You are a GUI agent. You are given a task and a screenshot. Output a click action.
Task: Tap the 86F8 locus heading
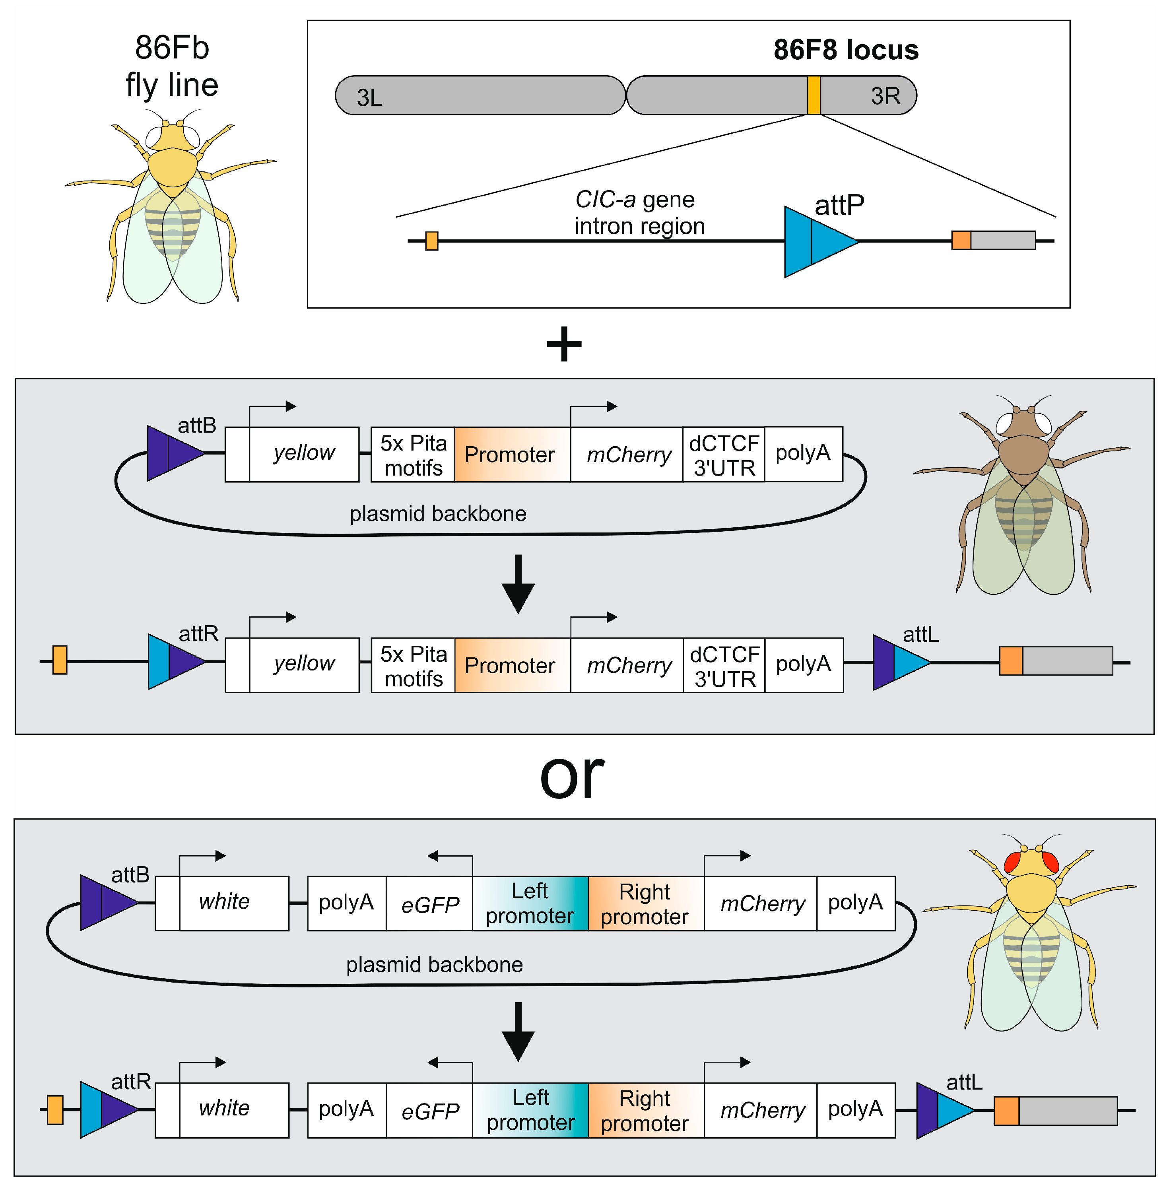845,50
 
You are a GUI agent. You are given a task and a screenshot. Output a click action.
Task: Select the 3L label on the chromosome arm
370,97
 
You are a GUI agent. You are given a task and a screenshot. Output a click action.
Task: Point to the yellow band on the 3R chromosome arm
814,95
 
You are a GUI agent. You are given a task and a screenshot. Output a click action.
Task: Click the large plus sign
564,344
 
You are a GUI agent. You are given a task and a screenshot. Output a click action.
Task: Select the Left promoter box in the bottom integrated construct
530,1110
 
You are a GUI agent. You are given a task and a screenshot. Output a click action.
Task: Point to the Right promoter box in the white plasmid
645,904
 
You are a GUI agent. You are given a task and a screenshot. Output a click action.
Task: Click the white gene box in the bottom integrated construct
224,1109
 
